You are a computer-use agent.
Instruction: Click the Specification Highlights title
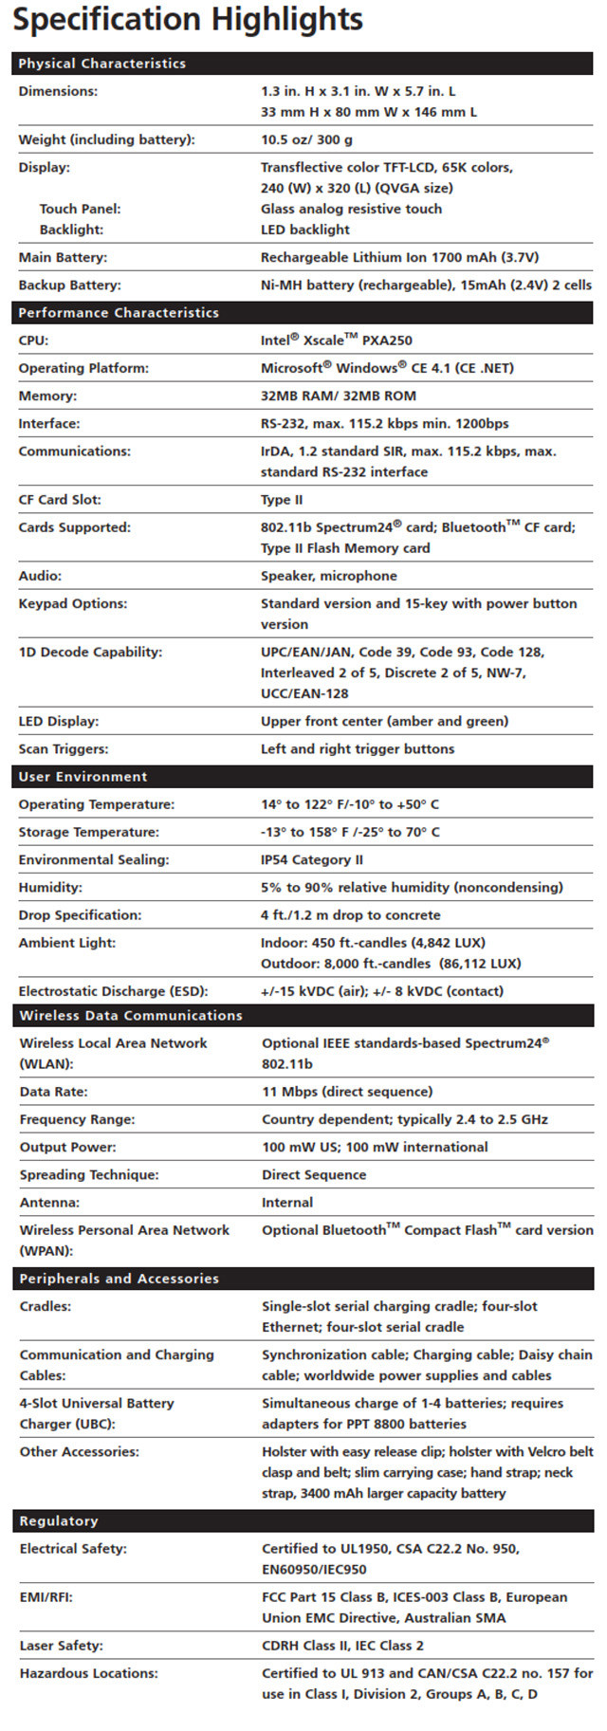[x=188, y=20]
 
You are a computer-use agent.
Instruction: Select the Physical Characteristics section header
[x=101, y=64]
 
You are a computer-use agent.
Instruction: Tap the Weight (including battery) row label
[x=106, y=139]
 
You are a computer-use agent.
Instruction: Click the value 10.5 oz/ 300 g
[x=306, y=139]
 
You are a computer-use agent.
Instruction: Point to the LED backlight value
[x=304, y=230]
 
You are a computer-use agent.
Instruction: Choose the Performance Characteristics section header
[x=118, y=312]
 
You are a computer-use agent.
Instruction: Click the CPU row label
[x=33, y=340]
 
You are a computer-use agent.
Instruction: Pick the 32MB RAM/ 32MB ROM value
[x=338, y=396]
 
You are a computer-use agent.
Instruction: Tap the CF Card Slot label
[x=59, y=500]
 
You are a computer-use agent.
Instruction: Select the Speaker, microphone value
[x=327, y=576]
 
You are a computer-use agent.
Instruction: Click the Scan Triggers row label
[x=63, y=748]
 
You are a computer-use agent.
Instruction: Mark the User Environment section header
[x=83, y=776]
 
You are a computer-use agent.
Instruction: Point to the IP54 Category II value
[x=311, y=859]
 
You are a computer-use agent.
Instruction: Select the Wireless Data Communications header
[x=131, y=1015]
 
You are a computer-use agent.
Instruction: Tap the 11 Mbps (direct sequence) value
[x=347, y=1092]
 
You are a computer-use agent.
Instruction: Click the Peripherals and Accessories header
[x=120, y=1279]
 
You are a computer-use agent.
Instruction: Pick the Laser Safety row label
[x=61, y=1646]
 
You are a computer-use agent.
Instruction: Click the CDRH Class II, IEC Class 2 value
[x=342, y=1646]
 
